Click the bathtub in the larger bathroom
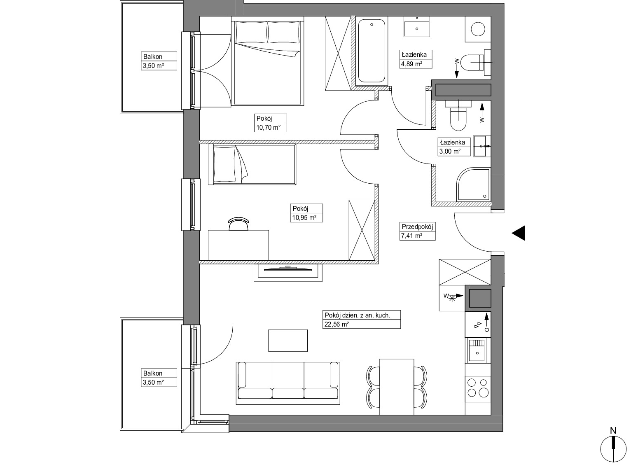(372, 51)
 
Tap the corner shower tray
(473, 184)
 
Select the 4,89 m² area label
(411, 64)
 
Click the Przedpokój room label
(417, 227)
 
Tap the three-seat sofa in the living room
(288, 383)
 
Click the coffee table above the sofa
(288, 340)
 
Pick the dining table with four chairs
(397, 387)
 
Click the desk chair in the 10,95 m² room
(238, 223)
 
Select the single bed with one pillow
(252, 164)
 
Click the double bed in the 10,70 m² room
(268, 61)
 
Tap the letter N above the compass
(613, 431)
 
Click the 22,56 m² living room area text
(337, 324)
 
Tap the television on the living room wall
(288, 273)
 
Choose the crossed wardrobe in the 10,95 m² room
(362, 230)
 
